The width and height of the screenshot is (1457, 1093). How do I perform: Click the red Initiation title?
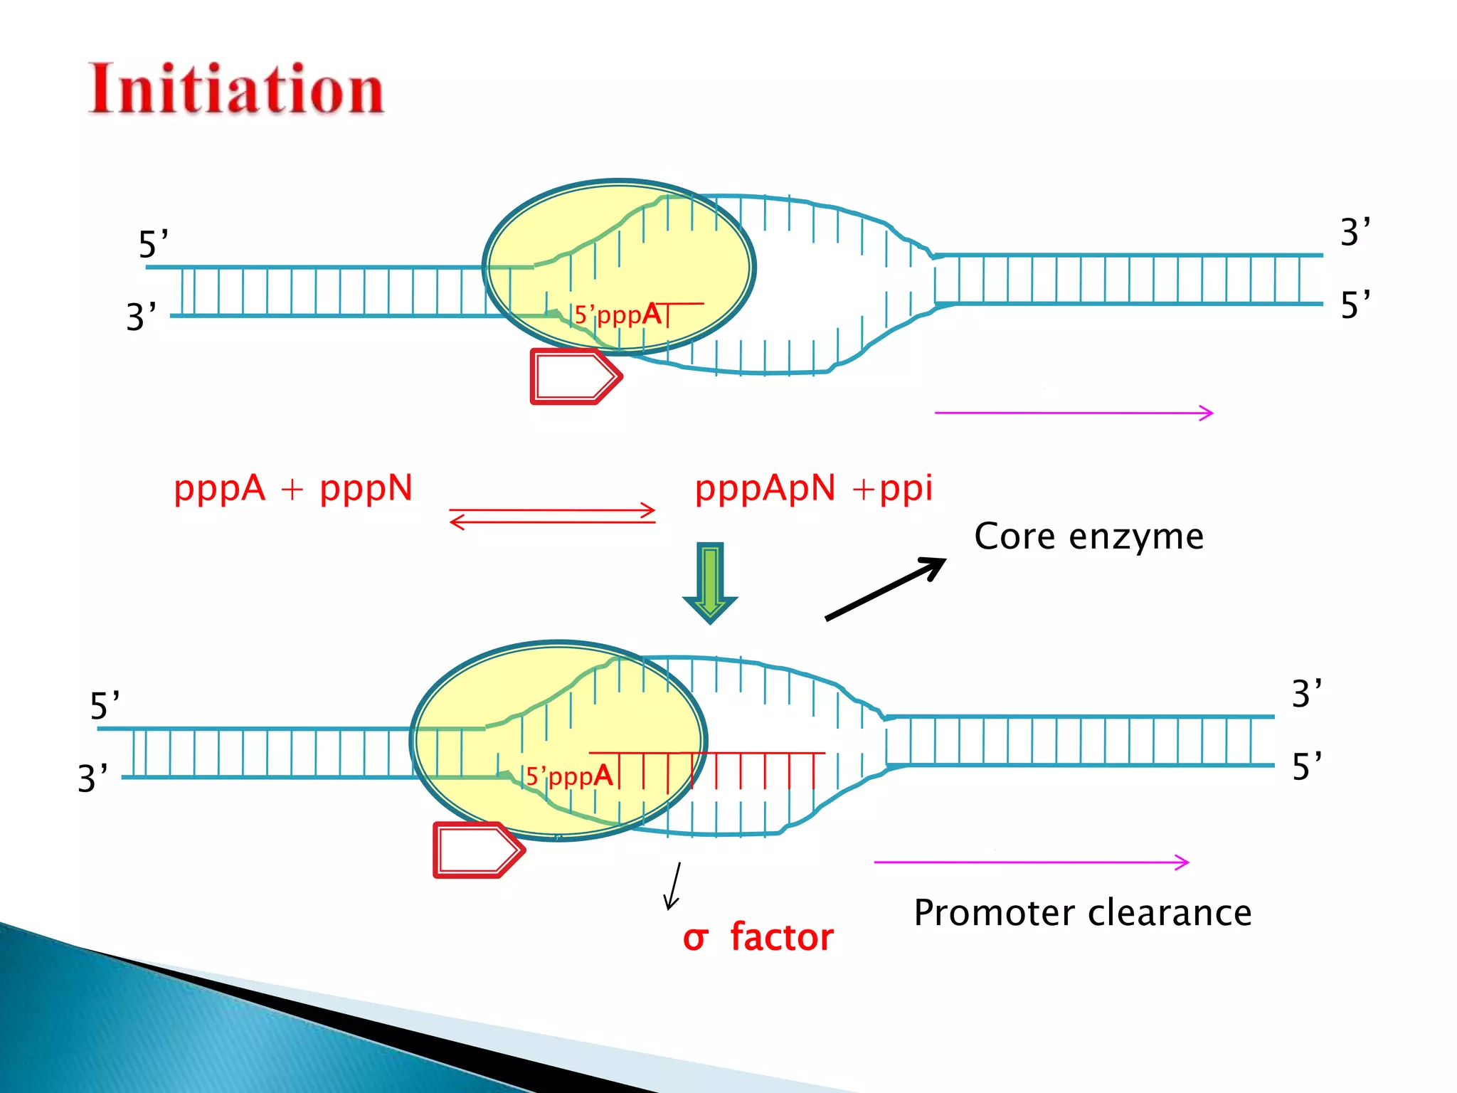tap(236, 90)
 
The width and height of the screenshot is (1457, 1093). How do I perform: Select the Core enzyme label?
tap(1088, 537)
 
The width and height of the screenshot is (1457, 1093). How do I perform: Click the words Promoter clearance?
tap(1082, 913)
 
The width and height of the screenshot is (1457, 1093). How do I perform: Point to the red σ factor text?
tap(758, 937)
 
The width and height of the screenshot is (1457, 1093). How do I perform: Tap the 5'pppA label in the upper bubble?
tap(618, 314)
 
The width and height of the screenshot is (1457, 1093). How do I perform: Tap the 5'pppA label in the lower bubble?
tap(569, 776)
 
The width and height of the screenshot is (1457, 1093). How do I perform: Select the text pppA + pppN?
tap(292, 489)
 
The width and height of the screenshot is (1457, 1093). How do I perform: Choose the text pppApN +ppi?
tap(813, 489)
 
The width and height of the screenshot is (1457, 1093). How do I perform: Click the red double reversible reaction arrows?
tap(552, 517)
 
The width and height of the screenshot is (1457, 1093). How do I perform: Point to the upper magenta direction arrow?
tap(1073, 413)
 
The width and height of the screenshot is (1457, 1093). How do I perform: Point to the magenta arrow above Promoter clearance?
tap(1031, 862)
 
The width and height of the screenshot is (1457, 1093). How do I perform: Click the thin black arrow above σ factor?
tap(673, 886)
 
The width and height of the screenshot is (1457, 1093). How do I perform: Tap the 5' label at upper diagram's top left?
tap(153, 244)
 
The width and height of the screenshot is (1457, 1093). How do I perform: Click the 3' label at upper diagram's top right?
tap(1355, 232)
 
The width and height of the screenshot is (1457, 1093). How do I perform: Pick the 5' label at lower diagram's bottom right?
tap(1306, 766)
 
